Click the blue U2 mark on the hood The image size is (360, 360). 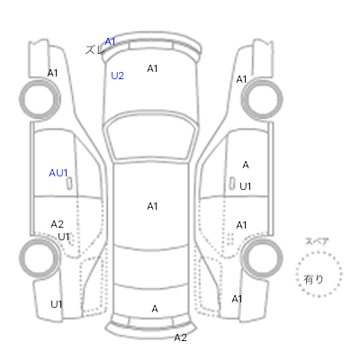117,76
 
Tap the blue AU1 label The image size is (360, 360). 58,173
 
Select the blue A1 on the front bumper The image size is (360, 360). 110,41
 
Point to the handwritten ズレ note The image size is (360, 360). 94,49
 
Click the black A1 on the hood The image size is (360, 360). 152,68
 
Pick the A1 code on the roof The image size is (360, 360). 152,206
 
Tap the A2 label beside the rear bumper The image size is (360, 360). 181,337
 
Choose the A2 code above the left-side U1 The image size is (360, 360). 58,224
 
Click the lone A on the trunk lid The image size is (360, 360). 155,309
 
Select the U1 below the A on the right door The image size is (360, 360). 246,186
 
